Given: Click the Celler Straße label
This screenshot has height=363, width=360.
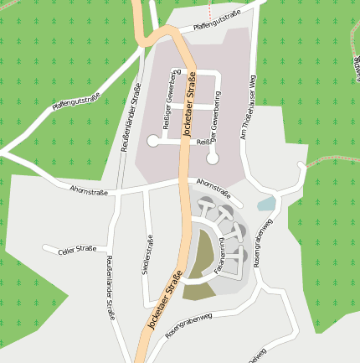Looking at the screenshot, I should [77, 249].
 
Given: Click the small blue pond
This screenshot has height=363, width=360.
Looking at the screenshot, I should [266, 204].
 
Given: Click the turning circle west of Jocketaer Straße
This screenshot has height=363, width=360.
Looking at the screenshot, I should [152, 142].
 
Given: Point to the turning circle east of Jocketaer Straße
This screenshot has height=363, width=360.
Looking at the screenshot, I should [213, 158].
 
